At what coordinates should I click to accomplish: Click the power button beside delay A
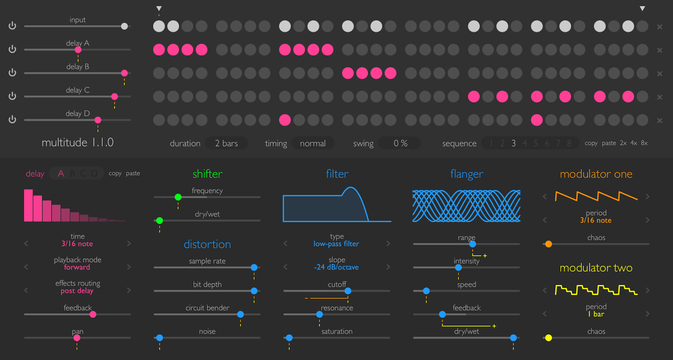pyautogui.click(x=12, y=49)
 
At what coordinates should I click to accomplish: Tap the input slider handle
pyautogui.click(x=124, y=26)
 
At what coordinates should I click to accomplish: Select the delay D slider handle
pyautogui.click(x=98, y=120)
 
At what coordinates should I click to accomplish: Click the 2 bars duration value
pyautogui.click(x=226, y=143)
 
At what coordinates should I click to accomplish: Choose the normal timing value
pyautogui.click(x=313, y=143)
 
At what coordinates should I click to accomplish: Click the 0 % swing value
pyautogui.click(x=400, y=143)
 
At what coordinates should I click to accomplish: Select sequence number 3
pyautogui.click(x=514, y=143)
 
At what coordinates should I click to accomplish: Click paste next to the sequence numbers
pyautogui.click(x=609, y=143)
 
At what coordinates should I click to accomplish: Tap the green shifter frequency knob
pyautogui.click(x=178, y=197)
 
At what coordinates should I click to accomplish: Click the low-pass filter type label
pyautogui.click(x=336, y=244)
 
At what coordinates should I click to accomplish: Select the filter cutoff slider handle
pyautogui.click(x=348, y=291)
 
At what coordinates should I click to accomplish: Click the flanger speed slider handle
pyautogui.click(x=427, y=291)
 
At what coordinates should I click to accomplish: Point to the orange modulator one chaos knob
pyautogui.click(x=548, y=244)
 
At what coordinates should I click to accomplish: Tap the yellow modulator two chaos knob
pyautogui.click(x=548, y=338)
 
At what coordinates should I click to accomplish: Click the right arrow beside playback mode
pyautogui.click(x=129, y=267)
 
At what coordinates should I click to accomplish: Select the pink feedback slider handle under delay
pyautogui.click(x=93, y=315)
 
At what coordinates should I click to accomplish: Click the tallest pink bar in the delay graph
pyautogui.click(x=28, y=205)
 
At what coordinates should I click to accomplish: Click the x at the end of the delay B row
pyautogui.click(x=660, y=74)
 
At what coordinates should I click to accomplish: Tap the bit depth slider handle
pyautogui.click(x=254, y=291)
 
